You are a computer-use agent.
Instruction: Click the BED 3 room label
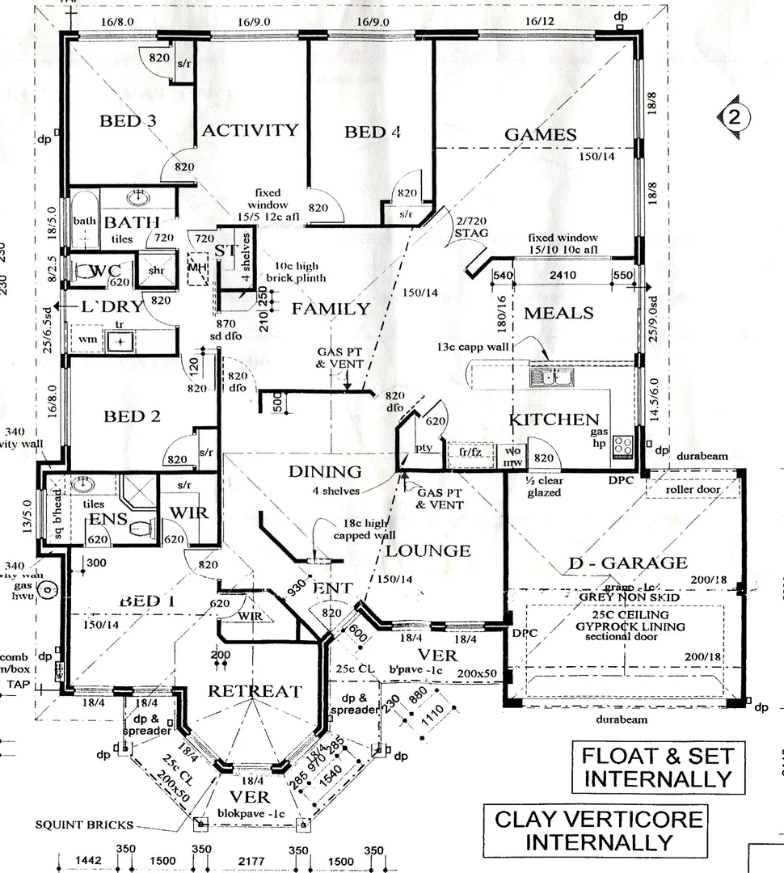pos(128,121)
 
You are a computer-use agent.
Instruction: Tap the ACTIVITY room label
pos(250,130)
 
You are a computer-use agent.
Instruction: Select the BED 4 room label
pos(373,132)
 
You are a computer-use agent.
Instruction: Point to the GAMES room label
pos(540,134)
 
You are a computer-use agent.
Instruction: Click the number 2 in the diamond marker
pos(733,116)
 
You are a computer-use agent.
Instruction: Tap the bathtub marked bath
pos(84,221)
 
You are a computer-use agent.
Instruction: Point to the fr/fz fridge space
pos(470,452)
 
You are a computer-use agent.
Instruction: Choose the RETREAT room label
pos(255,691)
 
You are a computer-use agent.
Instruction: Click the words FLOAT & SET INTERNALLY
pos(657,767)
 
